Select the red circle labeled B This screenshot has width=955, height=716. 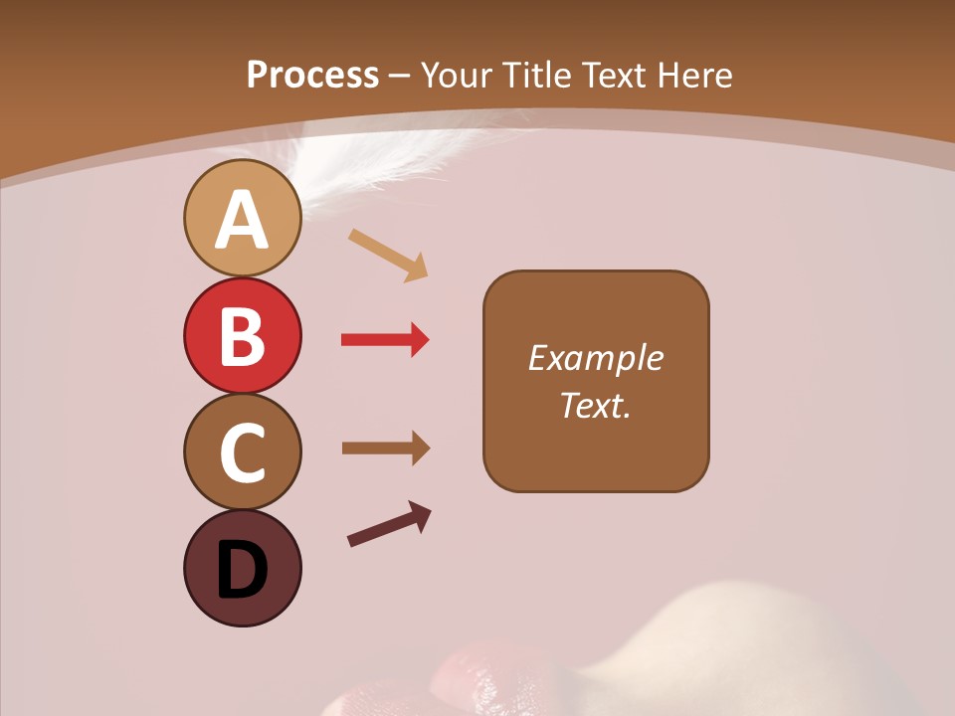242,335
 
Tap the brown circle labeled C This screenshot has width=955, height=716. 242,451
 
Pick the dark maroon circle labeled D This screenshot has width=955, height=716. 242,568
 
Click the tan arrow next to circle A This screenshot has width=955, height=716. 388,255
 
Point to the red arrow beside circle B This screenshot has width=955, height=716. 385,340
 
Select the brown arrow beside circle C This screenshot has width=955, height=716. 386,448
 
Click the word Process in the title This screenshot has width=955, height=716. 312,76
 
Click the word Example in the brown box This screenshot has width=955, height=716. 595,358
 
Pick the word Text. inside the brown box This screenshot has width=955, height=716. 595,406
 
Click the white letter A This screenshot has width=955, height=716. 242,220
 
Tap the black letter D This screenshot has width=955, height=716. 242,570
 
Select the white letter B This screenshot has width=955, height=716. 242,337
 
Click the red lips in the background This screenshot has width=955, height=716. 487,676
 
